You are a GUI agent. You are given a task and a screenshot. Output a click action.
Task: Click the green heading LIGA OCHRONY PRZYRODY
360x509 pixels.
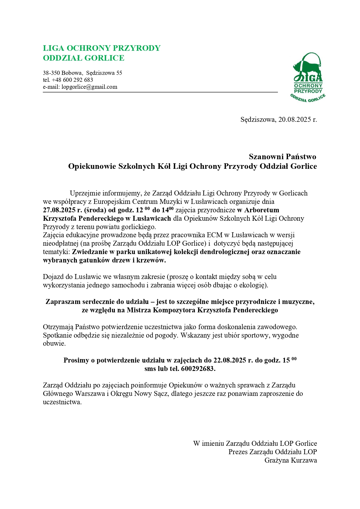coord(102,48)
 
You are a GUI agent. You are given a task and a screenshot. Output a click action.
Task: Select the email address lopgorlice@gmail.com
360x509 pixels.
coord(89,87)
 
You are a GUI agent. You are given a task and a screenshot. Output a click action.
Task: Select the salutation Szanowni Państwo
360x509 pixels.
coord(282,157)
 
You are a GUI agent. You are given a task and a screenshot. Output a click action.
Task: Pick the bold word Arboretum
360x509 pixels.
coord(262,210)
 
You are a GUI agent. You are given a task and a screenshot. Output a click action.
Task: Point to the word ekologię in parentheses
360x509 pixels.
coord(252,285)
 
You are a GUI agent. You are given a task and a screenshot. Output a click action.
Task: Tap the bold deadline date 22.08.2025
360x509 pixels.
coord(230,361)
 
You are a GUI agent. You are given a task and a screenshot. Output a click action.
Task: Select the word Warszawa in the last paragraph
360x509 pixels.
coord(90,394)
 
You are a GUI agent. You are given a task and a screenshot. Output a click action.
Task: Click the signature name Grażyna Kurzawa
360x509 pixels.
coord(290,460)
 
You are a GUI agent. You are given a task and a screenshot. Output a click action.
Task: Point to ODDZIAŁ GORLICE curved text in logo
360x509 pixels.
coord(308,99)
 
